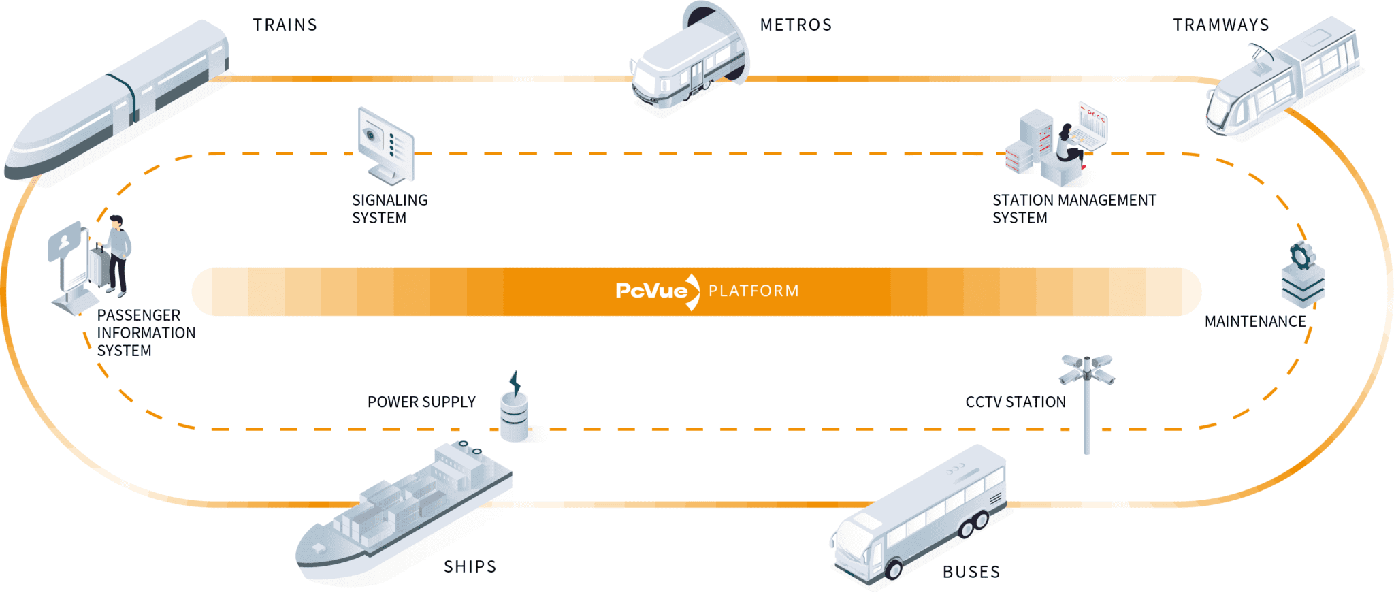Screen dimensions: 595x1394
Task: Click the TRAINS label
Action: click(x=285, y=25)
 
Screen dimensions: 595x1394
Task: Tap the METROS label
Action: click(x=796, y=25)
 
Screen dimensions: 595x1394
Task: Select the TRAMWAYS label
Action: click(x=1221, y=25)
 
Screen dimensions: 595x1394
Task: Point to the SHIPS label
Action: click(x=470, y=566)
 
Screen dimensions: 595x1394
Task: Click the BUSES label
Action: click(x=971, y=572)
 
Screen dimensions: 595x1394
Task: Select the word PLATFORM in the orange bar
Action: click(x=753, y=291)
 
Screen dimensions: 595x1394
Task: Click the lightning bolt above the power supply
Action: click(x=515, y=383)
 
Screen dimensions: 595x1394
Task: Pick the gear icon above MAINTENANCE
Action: click(x=1301, y=257)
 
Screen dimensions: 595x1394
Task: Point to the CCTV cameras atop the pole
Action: click(x=1086, y=369)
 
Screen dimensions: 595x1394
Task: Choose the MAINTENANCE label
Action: click(x=1255, y=321)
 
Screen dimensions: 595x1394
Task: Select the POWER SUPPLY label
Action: click(x=421, y=402)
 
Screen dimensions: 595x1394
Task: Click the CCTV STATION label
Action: click(x=1015, y=402)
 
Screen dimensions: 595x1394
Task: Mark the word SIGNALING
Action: click(x=389, y=200)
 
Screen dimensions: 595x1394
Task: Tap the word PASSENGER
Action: click(x=138, y=315)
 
